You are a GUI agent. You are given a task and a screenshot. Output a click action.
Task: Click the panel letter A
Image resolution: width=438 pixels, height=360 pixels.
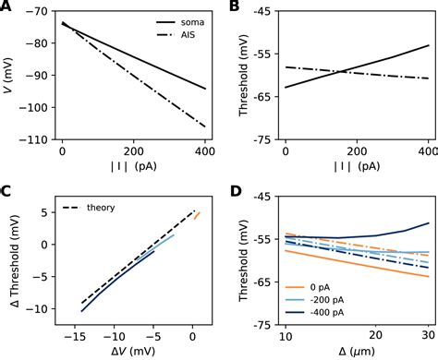click(x=7, y=7)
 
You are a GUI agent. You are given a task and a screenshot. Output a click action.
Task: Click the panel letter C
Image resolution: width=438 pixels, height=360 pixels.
click(x=7, y=192)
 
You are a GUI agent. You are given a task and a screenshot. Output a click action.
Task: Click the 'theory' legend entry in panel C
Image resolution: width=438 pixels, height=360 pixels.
click(x=101, y=208)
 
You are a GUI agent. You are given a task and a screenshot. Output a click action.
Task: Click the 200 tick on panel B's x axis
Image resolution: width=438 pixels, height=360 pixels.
click(x=358, y=151)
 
